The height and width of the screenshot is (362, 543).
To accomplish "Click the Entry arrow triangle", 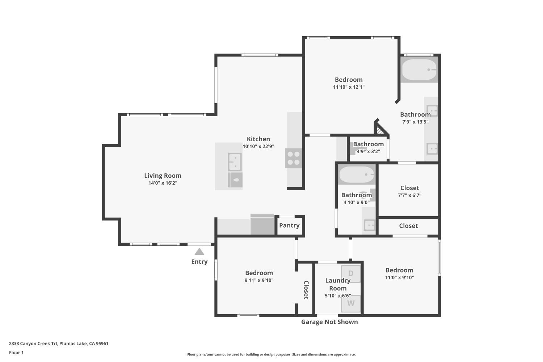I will (x=199, y=252).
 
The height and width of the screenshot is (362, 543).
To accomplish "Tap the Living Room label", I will (x=163, y=176).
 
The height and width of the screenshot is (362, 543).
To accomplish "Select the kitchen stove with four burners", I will (x=293, y=158).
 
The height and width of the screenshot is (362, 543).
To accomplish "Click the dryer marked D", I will (x=351, y=274).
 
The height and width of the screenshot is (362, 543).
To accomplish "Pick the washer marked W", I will (x=351, y=303).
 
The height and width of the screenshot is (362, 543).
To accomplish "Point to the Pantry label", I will (x=289, y=225).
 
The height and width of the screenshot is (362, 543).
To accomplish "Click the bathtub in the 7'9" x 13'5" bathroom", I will (x=419, y=70).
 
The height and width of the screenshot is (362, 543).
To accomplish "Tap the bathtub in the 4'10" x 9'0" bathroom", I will (x=356, y=175).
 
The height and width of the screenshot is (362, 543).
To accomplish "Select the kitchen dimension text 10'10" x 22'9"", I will (x=258, y=147).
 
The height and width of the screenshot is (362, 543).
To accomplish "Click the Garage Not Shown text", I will (x=329, y=322).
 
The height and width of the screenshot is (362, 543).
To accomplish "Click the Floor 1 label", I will (x=16, y=353).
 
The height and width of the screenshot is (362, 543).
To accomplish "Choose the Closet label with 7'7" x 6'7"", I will (x=409, y=188).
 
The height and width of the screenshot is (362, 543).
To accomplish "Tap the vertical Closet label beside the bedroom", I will (x=306, y=290).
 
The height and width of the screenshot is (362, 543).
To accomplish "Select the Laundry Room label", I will (x=338, y=284).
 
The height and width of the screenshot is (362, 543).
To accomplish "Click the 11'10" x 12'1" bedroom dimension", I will (x=349, y=87).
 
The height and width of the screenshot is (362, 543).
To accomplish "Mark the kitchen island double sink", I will (x=235, y=162).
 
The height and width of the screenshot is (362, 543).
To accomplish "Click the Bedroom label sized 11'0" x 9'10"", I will (x=399, y=270).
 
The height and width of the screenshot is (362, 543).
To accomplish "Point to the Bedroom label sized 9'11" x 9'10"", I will (x=259, y=273).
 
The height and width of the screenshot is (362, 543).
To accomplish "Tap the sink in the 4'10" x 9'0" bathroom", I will (x=369, y=225).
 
